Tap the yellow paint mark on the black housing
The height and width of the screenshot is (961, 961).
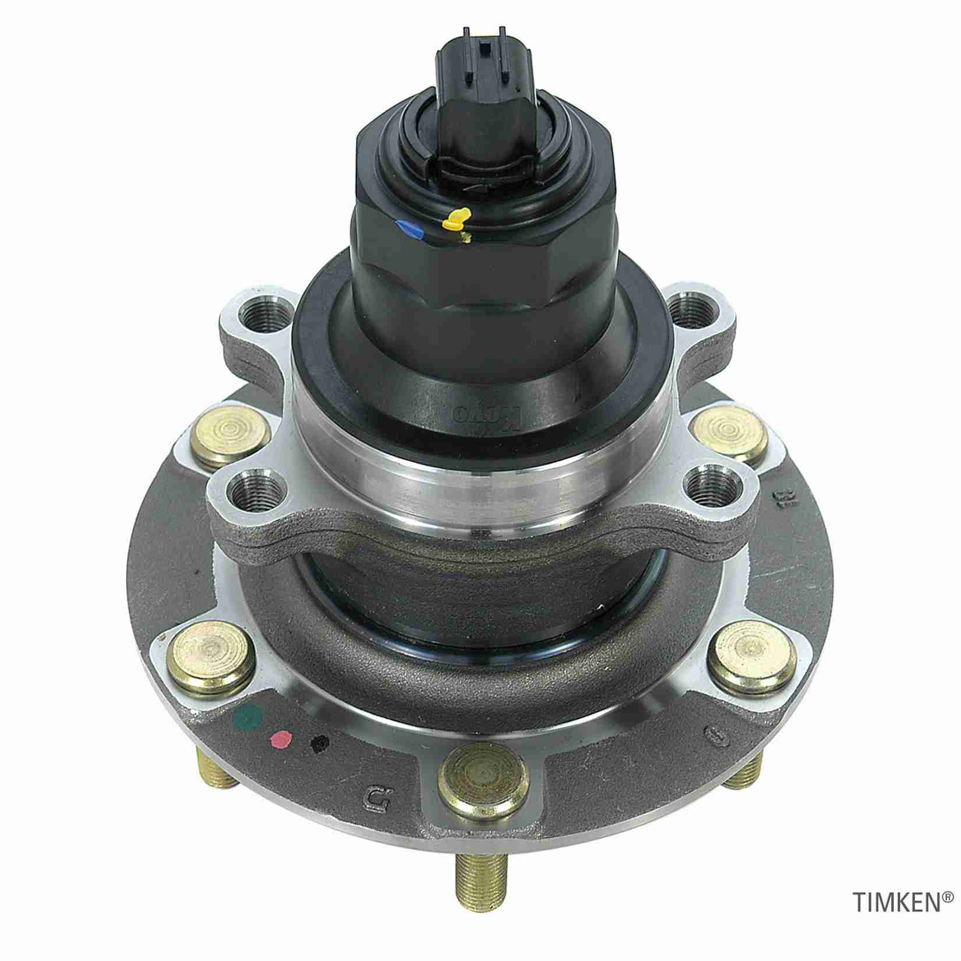click(456, 219)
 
